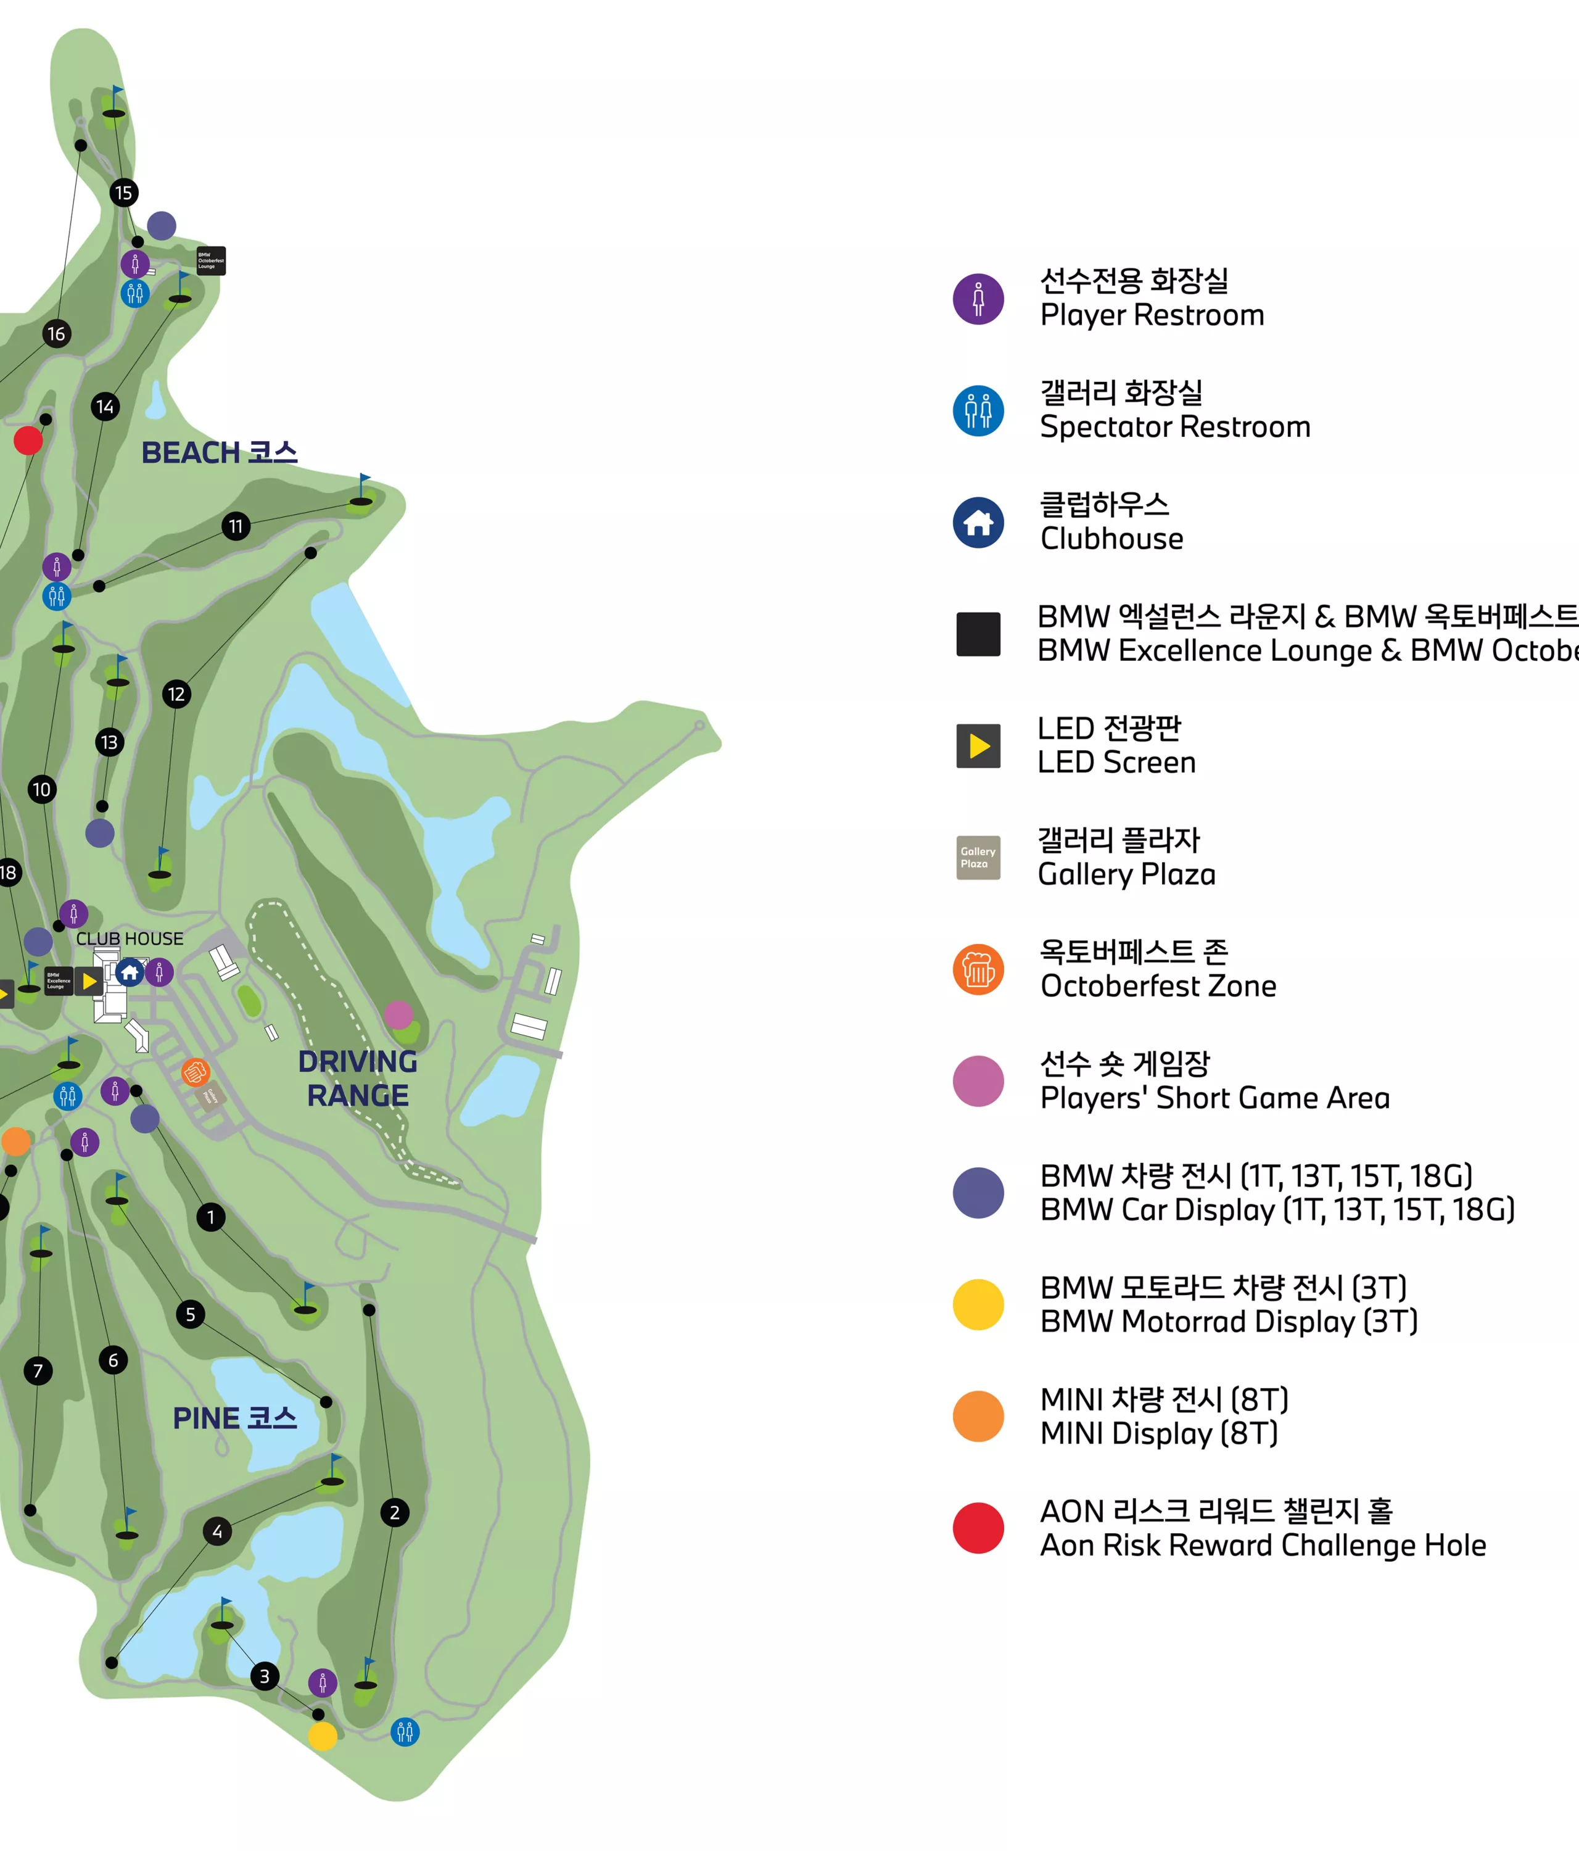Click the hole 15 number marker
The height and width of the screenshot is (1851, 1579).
pyautogui.click(x=123, y=193)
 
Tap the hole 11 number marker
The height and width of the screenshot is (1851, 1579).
pyautogui.click(x=236, y=526)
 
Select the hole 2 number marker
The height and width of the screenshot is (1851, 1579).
pyautogui.click(x=395, y=1512)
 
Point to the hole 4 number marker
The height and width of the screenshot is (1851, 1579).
pyautogui.click(x=217, y=1531)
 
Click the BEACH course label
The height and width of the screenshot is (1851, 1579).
pyautogui.click(x=219, y=453)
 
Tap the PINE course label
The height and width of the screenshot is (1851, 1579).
pyautogui.click(x=234, y=1418)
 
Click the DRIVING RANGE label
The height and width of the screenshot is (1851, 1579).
pyautogui.click(x=357, y=1079)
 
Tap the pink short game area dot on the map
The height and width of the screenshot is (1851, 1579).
pyautogui.click(x=398, y=1015)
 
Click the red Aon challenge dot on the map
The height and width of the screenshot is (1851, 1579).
pyautogui.click(x=28, y=441)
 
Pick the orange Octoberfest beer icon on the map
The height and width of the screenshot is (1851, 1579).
pyautogui.click(x=196, y=1072)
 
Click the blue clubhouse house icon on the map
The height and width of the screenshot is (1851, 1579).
pyautogui.click(x=130, y=972)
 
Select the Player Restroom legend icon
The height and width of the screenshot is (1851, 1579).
pyautogui.click(x=978, y=299)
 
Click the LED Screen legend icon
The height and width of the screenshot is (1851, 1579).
pyautogui.click(x=978, y=746)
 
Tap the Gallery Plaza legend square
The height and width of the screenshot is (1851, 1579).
pyautogui.click(x=978, y=858)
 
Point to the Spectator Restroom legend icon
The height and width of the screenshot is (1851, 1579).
pyautogui.click(x=978, y=411)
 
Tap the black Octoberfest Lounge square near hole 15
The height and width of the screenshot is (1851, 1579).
pyautogui.click(x=211, y=261)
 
